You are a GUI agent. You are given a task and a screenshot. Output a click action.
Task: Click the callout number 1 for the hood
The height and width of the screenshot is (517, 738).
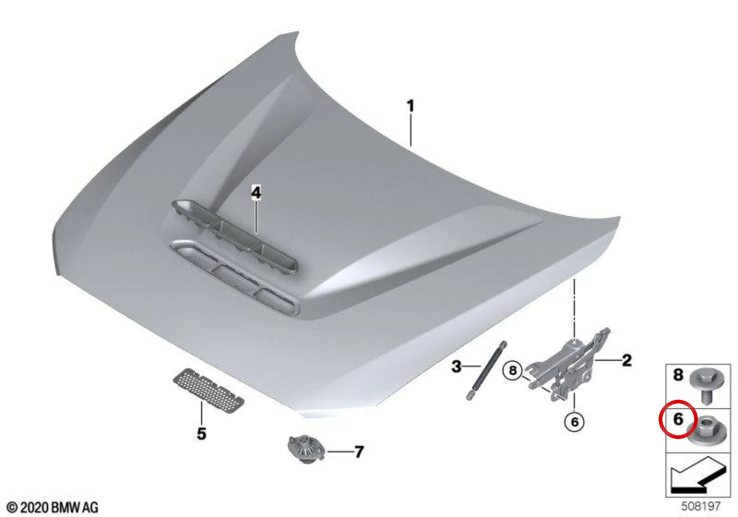pyautogui.click(x=410, y=106)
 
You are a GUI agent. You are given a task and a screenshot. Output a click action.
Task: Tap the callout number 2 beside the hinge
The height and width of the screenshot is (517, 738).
pyautogui.click(x=626, y=361)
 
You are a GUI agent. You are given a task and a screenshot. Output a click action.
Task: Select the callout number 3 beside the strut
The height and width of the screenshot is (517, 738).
pyautogui.click(x=456, y=367)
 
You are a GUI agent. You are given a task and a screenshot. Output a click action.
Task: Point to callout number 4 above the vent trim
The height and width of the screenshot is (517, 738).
pyautogui.click(x=256, y=192)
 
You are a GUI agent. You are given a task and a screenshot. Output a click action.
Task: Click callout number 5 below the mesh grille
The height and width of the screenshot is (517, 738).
pyautogui.click(x=202, y=433)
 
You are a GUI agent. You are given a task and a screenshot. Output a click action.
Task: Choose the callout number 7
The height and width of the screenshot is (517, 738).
pyautogui.click(x=359, y=452)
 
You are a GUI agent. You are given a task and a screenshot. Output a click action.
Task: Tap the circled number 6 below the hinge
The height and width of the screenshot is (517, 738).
pyautogui.click(x=574, y=422)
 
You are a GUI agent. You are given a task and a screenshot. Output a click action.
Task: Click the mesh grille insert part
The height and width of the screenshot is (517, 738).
pyautogui.click(x=209, y=391)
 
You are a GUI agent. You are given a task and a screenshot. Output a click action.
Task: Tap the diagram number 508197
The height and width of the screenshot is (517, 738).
pyautogui.click(x=701, y=505)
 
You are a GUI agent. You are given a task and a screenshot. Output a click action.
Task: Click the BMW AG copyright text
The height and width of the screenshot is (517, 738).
pyautogui.click(x=53, y=507)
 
